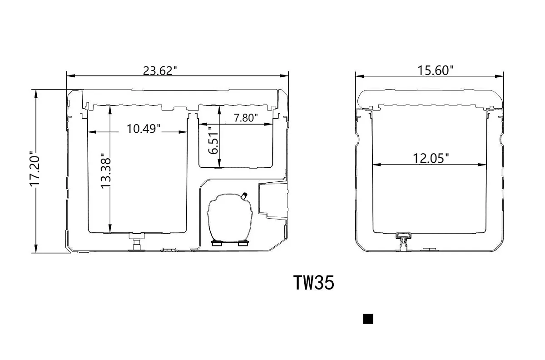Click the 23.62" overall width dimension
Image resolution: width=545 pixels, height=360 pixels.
click(160, 70)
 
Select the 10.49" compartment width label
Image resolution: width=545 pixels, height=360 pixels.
click(144, 129)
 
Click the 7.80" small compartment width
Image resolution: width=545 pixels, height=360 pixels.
click(246, 118)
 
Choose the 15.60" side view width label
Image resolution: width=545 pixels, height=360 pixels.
click(436, 70)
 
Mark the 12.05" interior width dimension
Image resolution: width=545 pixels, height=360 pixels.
click(431, 158)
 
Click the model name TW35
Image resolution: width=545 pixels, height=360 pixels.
click(314, 283)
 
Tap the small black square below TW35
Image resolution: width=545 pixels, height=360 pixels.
click(368, 319)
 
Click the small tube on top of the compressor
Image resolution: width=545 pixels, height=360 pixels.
click(244, 196)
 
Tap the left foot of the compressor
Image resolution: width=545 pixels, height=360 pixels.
click(216, 244)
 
